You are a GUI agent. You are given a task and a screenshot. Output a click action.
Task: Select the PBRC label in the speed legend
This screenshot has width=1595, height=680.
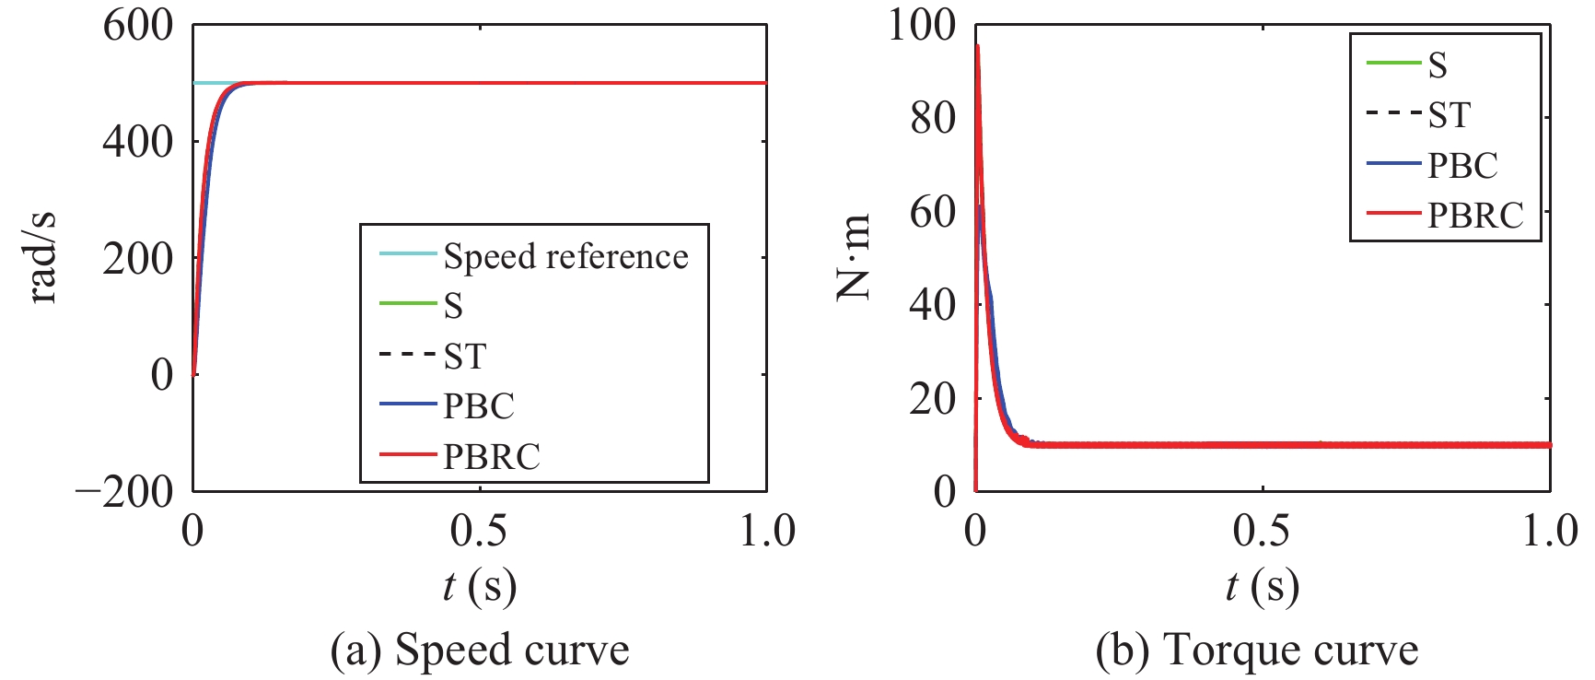(491, 456)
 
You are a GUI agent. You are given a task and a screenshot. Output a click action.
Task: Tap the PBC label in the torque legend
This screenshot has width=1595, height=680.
(1462, 165)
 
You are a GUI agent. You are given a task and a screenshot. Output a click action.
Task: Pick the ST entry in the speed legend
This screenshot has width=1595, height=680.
(464, 356)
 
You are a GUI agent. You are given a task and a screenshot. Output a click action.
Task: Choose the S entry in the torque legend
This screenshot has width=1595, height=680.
(1437, 65)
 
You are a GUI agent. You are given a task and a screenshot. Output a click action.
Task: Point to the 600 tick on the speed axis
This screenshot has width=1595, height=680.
(138, 25)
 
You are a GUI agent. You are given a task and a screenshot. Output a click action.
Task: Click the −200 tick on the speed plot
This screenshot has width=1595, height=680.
(124, 491)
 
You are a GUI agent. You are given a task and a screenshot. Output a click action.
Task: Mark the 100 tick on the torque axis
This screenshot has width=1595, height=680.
(922, 25)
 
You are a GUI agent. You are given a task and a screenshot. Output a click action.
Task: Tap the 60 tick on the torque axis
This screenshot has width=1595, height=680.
(933, 212)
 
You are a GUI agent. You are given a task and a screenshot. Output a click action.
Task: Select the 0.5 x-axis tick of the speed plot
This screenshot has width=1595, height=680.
(479, 531)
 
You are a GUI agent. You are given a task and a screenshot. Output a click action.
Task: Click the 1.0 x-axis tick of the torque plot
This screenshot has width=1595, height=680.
(1549, 531)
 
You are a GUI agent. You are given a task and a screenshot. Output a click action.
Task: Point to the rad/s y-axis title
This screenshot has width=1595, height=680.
(43, 259)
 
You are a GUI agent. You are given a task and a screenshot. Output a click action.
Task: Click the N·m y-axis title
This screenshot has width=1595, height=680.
(853, 257)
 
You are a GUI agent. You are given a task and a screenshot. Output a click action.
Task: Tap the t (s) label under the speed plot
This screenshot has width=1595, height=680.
(479, 586)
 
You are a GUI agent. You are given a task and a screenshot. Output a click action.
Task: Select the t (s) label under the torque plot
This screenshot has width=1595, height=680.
(1262, 586)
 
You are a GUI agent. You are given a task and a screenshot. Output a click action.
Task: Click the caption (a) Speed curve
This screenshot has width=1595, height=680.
(479, 651)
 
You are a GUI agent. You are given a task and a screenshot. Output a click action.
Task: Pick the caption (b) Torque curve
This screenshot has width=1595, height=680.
(1257, 651)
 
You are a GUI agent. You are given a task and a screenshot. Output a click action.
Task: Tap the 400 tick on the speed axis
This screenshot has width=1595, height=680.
(138, 142)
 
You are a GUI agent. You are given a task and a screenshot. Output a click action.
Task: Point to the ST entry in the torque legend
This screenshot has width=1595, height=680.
(1449, 115)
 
